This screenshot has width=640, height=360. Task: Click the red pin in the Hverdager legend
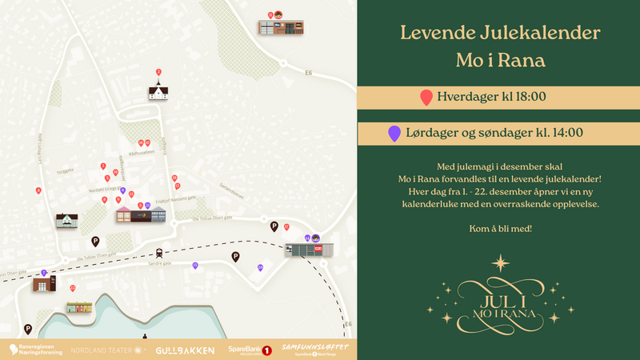(426, 98)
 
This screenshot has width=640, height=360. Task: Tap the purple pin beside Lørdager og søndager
(394, 134)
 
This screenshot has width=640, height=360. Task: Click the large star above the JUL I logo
(501, 262)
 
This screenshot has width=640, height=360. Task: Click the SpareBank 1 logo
(250, 350)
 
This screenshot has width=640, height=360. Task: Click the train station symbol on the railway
(159, 250)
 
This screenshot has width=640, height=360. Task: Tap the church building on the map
(158, 90)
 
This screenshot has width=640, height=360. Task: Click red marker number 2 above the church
(158, 72)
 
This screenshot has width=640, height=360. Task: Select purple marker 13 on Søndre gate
(195, 265)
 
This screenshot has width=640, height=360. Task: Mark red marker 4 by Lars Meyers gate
(38, 190)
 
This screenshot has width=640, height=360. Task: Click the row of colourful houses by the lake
(78, 307)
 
